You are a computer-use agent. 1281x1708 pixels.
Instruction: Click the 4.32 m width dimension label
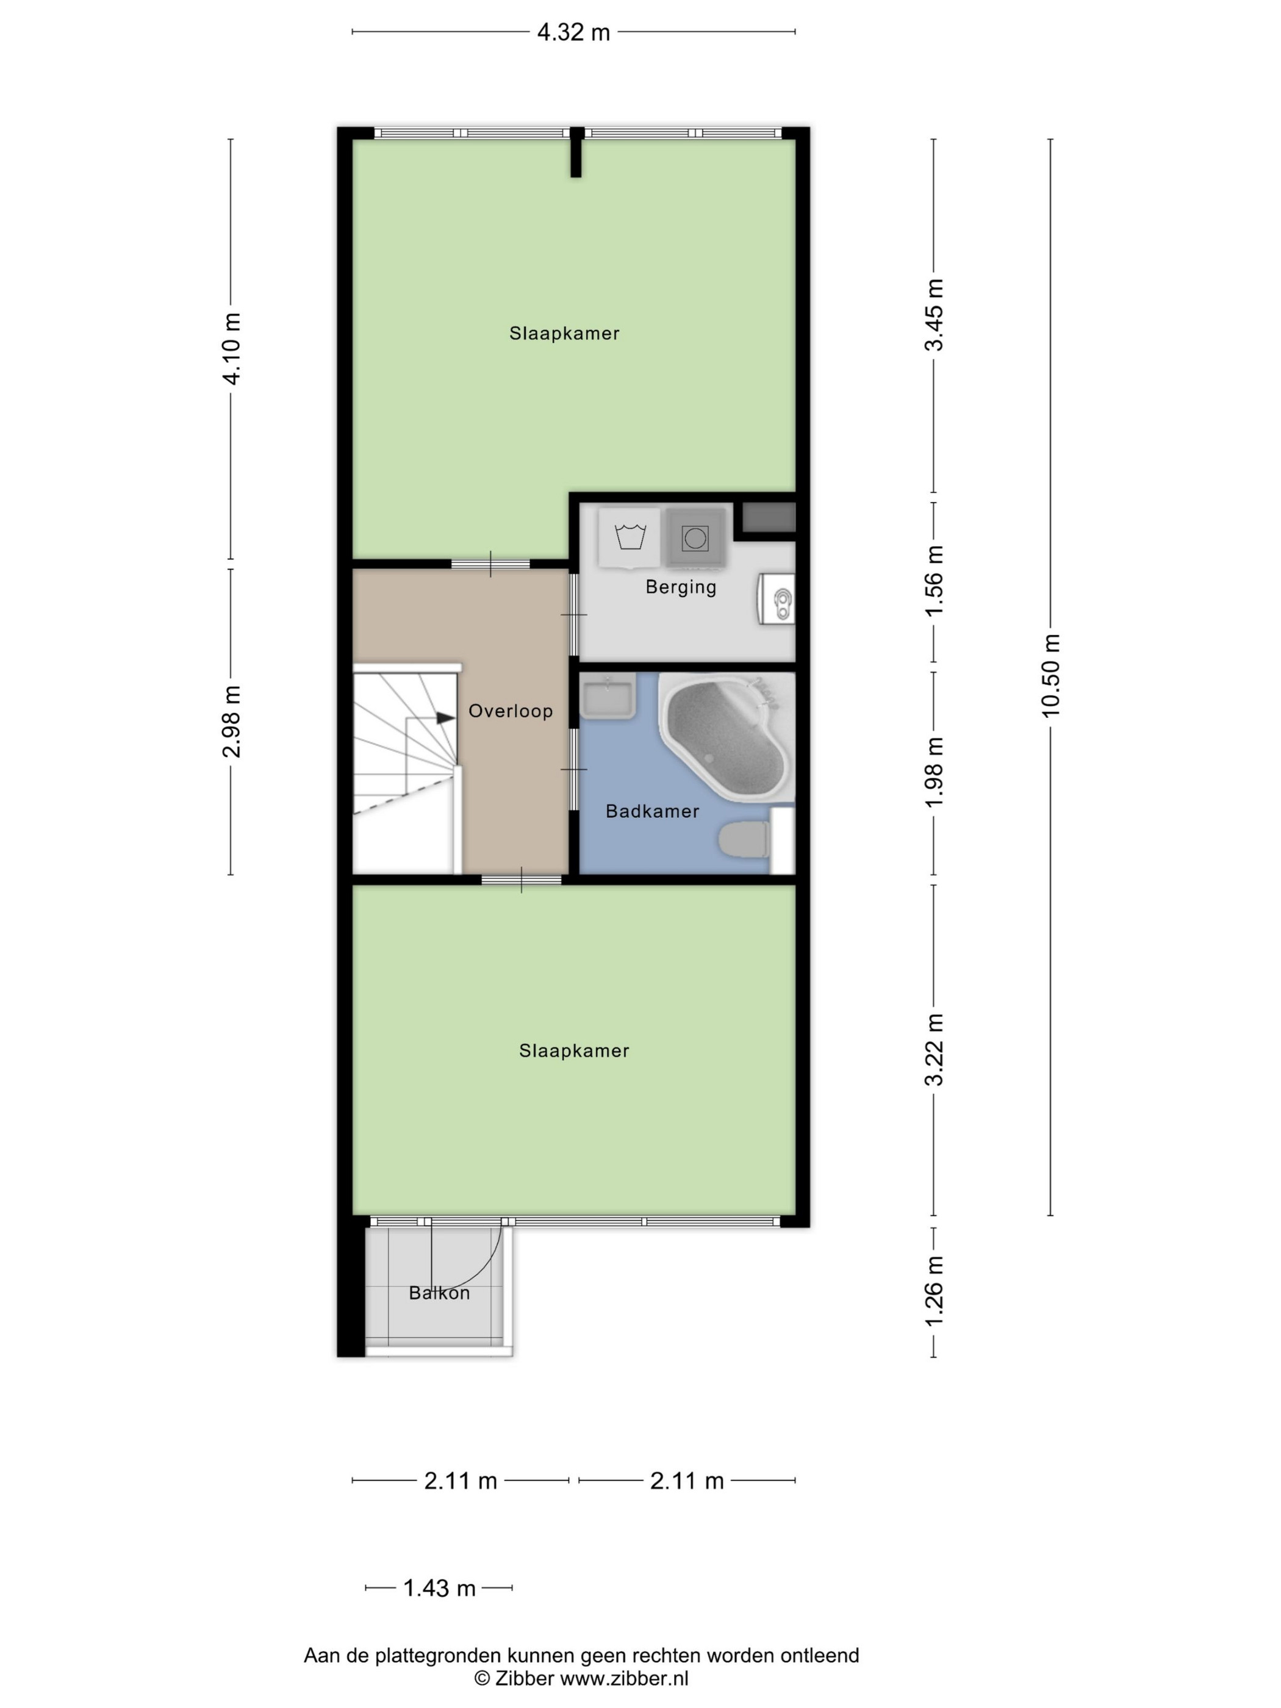573,32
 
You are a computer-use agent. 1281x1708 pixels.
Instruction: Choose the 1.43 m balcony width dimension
439,1588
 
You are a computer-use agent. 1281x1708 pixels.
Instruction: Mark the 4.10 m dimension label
231,348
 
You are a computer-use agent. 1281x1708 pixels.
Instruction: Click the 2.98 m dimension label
231,721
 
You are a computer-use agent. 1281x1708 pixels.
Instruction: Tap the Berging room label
681,587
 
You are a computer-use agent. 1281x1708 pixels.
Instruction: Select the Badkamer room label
653,811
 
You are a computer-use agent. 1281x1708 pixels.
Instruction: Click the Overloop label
511,711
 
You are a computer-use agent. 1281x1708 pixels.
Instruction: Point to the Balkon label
439,1293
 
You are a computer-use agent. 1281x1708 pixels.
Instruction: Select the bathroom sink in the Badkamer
608,695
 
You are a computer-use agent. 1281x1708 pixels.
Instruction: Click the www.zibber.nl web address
624,1678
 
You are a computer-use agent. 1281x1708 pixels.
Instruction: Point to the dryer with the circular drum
695,537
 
